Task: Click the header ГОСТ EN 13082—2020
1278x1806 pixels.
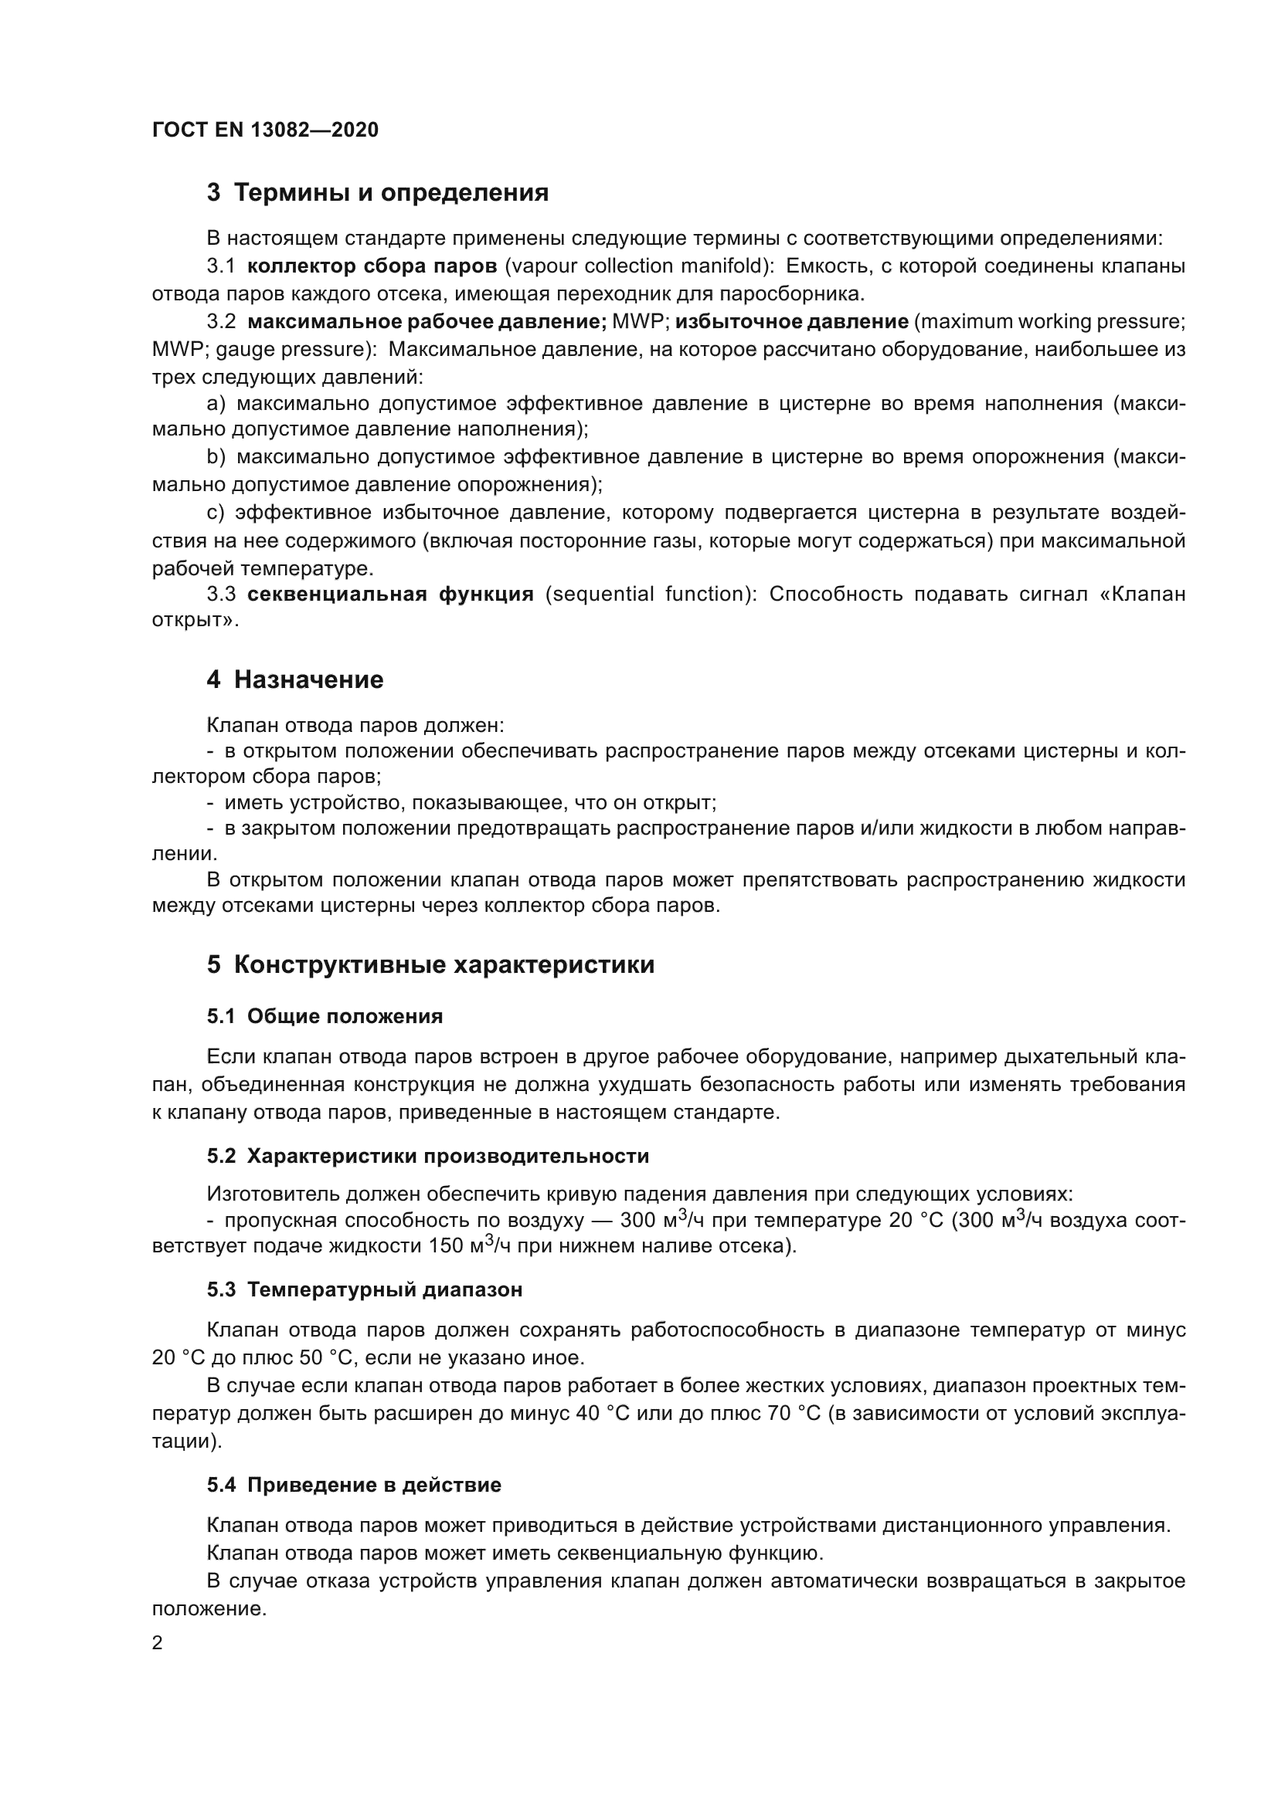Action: coord(265,130)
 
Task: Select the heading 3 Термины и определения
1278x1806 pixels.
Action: coord(378,193)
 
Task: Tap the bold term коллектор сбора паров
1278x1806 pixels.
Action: coord(372,266)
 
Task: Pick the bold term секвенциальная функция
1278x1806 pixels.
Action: coord(390,594)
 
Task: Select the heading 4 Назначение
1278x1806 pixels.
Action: coord(295,679)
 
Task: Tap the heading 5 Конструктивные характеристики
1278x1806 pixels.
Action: coord(430,965)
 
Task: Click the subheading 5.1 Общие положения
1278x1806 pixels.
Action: coord(325,1016)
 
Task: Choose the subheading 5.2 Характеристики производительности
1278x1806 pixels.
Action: coord(428,1157)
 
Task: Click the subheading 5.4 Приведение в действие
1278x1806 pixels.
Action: coord(354,1485)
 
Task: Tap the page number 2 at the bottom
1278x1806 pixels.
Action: coord(158,1643)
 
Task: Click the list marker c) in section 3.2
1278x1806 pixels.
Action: coord(216,513)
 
